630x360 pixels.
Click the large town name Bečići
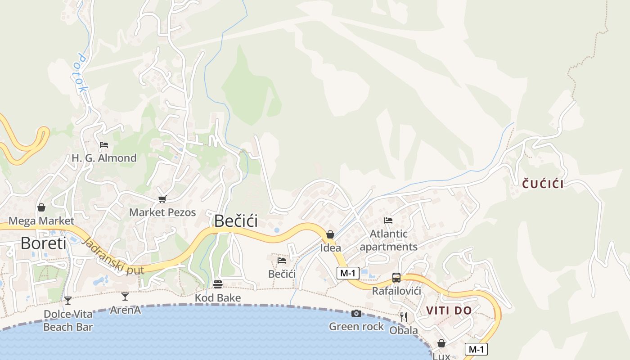pyautogui.click(x=236, y=221)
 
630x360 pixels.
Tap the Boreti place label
pyautogui.click(x=43, y=243)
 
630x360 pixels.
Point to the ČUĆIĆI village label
pyautogui.click(x=543, y=184)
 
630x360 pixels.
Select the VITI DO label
pyautogui.click(x=449, y=310)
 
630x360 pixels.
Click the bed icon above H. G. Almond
pyautogui.click(x=104, y=145)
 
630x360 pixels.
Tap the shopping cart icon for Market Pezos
pyautogui.click(x=162, y=199)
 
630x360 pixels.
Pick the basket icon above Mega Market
pyautogui.click(x=41, y=207)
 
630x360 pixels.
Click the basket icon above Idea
pyautogui.click(x=330, y=234)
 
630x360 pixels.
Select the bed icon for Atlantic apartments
pyautogui.click(x=388, y=220)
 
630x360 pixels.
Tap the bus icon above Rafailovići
pyautogui.click(x=396, y=278)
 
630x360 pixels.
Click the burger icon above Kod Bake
pyautogui.click(x=218, y=284)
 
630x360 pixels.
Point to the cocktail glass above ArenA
pyautogui.click(x=125, y=296)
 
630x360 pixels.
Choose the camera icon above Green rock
pyautogui.click(x=356, y=313)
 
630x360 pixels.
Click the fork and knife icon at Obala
pyautogui.click(x=404, y=317)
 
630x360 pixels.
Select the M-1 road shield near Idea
pyautogui.click(x=348, y=273)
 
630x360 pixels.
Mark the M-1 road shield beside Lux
pyautogui.click(x=476, y=349)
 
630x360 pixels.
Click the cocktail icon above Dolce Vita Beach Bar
pyautogui.click(x=68, y=300)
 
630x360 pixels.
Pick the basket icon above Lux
pyautogui.click(x=441, y=343)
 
